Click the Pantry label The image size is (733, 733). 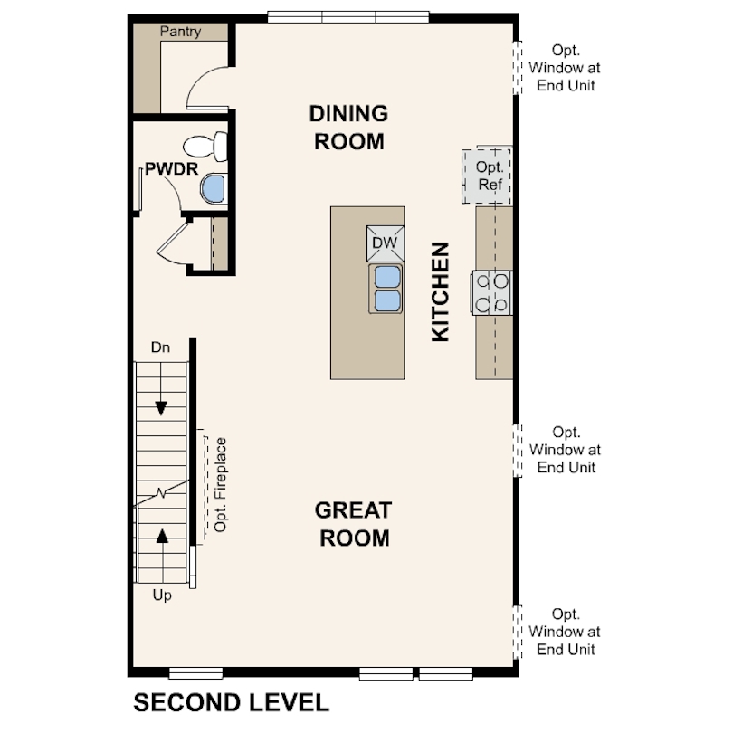(x=180, y=32)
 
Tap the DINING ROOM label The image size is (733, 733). (x=348, y=128)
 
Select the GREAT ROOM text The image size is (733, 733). (x=353, y=524)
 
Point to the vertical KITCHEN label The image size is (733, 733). (x=441, y=291)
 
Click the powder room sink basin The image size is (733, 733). (x=212, y=188)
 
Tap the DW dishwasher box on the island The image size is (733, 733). (x=384, y=243)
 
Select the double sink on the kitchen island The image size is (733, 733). (x=385, y=288)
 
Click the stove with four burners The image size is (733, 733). (x=491, y=293)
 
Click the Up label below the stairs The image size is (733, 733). (x=161, y=595)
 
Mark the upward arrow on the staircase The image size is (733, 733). (x=162, y=535)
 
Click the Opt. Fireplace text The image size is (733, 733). (x=219, y=485)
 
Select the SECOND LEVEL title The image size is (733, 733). (x=231, y=702)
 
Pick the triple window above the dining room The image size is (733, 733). (x=348, y=15)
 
